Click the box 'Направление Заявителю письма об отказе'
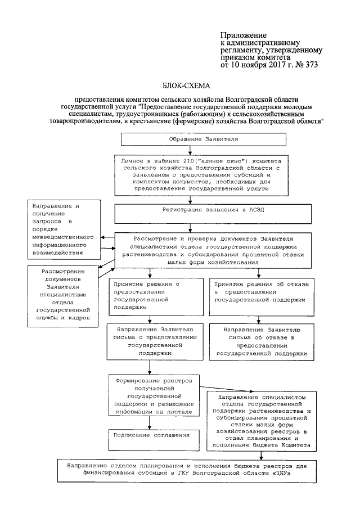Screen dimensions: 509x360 coord(262,342)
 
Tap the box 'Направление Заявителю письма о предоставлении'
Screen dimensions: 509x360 coord(151,342)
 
